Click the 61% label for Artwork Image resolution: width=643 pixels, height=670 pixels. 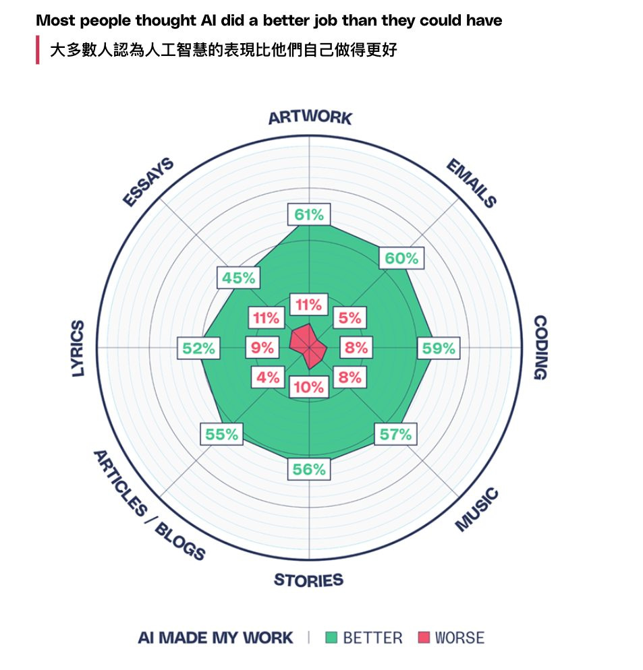(x=309, y=214)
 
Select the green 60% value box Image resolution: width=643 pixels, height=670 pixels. (x=401, y=258)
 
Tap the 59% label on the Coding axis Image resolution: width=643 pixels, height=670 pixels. (x=439, y=348)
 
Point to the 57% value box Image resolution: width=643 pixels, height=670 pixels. (x=395, y=434)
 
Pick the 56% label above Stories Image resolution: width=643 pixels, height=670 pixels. (x=309, y=469)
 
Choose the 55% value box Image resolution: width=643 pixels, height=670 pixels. (x=221, y=434)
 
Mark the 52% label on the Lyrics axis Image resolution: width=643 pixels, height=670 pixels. (x=198, y=348)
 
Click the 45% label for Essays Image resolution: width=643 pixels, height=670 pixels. (x=238, y=278)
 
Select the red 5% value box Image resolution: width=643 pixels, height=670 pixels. (x=350, y=317)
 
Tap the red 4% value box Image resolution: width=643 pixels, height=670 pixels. (x=268, y=377)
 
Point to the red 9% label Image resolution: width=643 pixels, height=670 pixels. (x=262, y=347)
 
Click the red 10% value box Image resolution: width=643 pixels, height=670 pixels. (x=309, y=387)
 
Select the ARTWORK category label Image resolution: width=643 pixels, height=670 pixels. (x=310, y=117)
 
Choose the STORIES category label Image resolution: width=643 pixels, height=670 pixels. (x=308, y=580)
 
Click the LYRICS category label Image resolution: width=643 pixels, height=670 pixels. (x=78, y=348)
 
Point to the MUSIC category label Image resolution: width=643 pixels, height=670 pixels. (x=476, y=510)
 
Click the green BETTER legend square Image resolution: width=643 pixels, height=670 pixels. (x=331, y=638)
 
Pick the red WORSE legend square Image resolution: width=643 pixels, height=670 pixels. (x=424, y=638)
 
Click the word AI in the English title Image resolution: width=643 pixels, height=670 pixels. (x=208, y=20)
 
